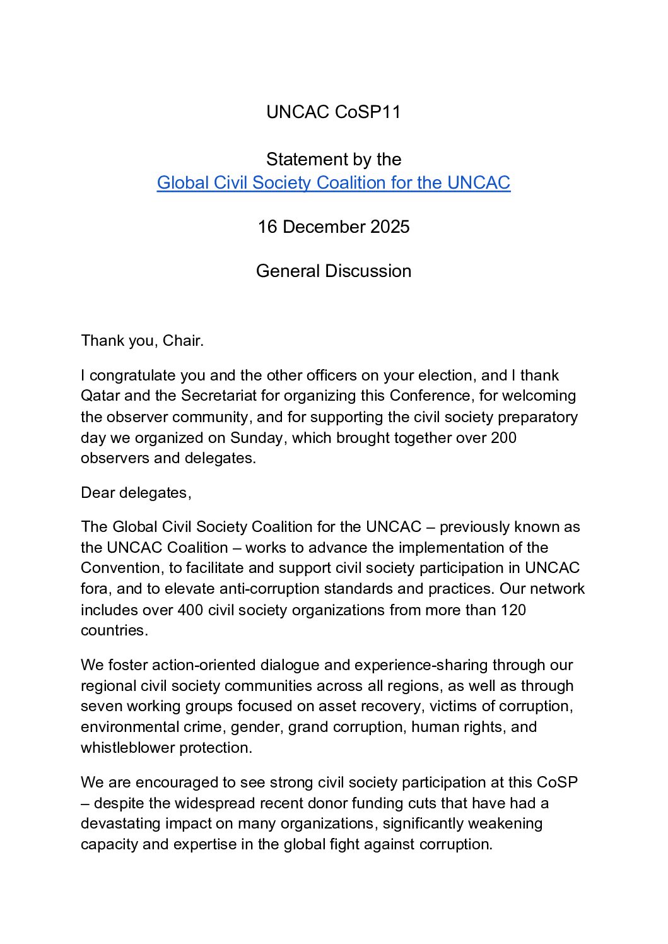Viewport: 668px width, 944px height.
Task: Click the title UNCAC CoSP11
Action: click(x=333, y=112)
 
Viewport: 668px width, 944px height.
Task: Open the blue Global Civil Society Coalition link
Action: click(x=333, y=183)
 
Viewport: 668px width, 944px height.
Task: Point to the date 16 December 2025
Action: click(x=333, y=227)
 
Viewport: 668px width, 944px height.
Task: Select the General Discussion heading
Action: click(x=333, y=271)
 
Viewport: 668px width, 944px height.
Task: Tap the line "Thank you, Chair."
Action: click(x=142, y=341)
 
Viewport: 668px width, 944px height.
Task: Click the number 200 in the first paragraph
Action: click(x=503, y=438)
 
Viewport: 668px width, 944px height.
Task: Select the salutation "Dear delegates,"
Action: click(x=136, y=493)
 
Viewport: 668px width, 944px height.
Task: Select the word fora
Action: click(x=94, y=589)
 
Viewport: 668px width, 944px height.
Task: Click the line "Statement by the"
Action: click(x=333, y=160)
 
